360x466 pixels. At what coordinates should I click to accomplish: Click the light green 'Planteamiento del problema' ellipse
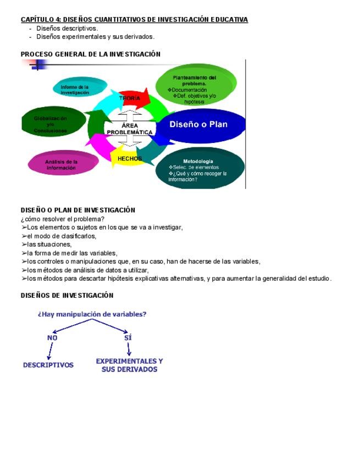tap(195, 87)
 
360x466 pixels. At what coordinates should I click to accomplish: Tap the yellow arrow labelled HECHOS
tap(129, 159)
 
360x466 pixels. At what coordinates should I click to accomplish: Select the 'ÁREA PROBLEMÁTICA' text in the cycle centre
tap(130, 129)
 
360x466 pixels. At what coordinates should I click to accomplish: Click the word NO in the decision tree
tap(52, 338)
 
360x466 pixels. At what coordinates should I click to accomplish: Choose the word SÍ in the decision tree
tap(128, 338)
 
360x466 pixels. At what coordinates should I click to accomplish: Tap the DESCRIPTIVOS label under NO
tap(48, 365)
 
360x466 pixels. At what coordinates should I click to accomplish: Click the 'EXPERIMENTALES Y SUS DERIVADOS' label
tap(129, 365)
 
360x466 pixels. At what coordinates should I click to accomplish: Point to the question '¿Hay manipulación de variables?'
tap(92, 314)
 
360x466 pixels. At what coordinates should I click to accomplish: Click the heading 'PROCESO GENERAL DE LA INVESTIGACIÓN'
tap(91, 54)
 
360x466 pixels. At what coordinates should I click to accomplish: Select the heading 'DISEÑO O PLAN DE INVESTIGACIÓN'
tap(77, 210)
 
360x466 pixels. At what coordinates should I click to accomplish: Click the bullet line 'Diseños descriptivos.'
tap(67, 28)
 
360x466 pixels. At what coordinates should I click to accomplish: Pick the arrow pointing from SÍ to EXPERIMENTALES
tap(129, 349)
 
